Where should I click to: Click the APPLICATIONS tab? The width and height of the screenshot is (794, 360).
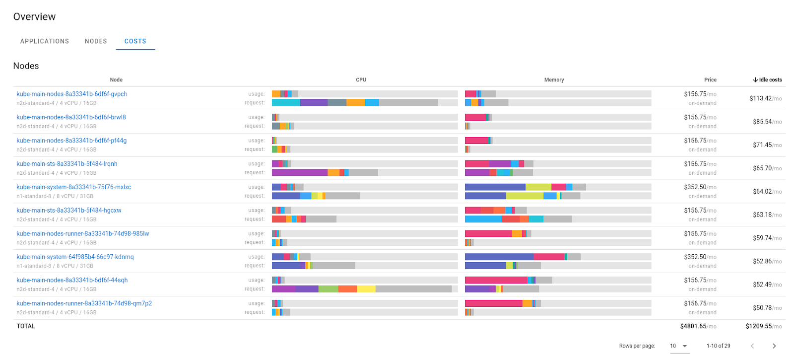click(45, 41)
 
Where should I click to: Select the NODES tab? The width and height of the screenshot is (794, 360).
click(96, 41)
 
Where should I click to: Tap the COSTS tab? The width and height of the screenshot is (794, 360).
click(135, 41)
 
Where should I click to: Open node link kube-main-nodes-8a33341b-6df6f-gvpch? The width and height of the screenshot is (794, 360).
click(72, 94)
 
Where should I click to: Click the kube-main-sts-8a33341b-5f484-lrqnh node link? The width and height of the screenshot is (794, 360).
click(67, 164)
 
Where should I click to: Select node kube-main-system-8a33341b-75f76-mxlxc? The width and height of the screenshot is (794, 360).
click(74, 187)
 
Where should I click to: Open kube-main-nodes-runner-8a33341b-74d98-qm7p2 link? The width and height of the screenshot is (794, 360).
click(84, 303)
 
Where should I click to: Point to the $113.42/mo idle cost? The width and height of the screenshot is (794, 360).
click(765, 98)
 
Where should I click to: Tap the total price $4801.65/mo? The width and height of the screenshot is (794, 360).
click(698, 326)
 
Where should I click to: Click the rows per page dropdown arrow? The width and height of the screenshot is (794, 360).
click(685, 346)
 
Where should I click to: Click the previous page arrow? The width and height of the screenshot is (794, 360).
click(752, 346)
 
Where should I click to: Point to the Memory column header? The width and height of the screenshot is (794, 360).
click(554, 80)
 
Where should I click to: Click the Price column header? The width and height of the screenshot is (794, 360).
click(710, 80)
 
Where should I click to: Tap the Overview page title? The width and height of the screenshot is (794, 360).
click(35, 17)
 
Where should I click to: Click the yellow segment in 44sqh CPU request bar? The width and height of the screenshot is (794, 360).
click(366, 289)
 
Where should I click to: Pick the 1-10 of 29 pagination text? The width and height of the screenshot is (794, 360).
click(718, 346)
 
